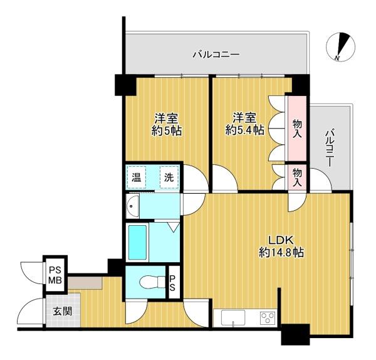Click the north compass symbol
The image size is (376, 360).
(x=340, y=46)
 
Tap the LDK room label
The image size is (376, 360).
(x=281, y=240)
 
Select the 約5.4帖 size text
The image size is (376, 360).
(x=245, y=130)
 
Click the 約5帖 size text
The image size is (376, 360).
(x=167, y=131)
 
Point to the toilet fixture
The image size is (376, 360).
(x=153, y=282)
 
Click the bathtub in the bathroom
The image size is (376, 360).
(x=137, y=242)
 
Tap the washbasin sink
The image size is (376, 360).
(x=133, y=206)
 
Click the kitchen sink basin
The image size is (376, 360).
(x=233, y=318)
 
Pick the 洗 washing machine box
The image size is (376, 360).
(x=169, y=177)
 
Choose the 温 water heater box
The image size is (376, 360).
(x=136, y=177)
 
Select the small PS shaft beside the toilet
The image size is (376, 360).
(x=173, y=282)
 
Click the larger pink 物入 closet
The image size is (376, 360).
(x=297, y=129)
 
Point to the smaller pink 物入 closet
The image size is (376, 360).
(x=297, y=177)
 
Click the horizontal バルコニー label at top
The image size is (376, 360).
(x=216, y=55)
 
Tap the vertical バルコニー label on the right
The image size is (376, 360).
(x=330, y=148)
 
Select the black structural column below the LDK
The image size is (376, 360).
(x=295, y=334)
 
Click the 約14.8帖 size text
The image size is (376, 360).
(x=281, y=252)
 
